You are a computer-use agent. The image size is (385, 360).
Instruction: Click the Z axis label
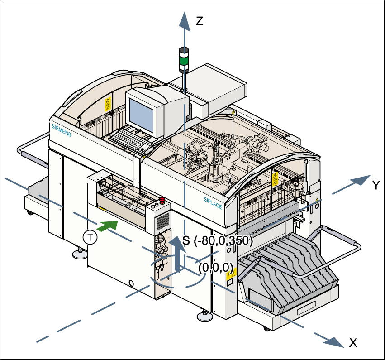point(199,20)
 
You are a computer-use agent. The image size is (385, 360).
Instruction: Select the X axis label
point(353,343)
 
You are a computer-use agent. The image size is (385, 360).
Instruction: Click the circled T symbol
point(91,237)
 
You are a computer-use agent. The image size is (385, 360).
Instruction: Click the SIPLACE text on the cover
point(213,202)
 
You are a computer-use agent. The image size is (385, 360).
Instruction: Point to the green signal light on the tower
point(184,60)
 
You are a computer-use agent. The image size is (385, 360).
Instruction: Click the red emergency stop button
point(162,200)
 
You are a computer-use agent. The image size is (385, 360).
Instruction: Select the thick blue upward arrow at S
point(178,254)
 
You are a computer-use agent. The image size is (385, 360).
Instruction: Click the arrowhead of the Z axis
point(184,19)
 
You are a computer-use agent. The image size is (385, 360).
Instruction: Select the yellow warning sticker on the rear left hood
point(108,104)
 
